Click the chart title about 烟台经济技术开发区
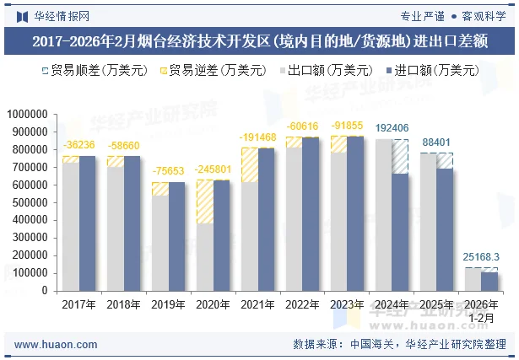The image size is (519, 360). coord(259,40)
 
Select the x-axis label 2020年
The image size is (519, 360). coord(211,305)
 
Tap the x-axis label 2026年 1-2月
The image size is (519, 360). coord(481,310)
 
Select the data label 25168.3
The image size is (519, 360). coord(481,256)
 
